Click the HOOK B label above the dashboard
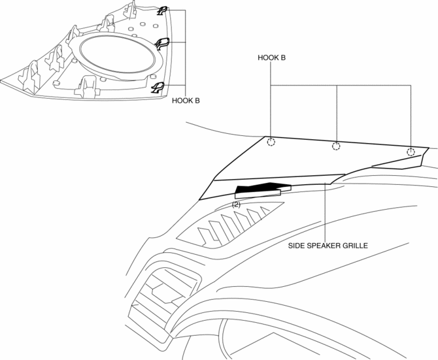(271, 57)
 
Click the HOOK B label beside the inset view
(186, 101)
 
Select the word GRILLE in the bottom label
(356, 246)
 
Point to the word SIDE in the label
(297, 246)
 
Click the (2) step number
(237, 205)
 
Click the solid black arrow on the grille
(259, 189)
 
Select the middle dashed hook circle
(336, 146)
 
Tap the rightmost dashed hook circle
(411, 152)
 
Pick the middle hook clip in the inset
(161, 44)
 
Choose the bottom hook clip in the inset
(158, 88)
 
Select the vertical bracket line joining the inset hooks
(186, 52)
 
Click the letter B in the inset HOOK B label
(197, 101)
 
